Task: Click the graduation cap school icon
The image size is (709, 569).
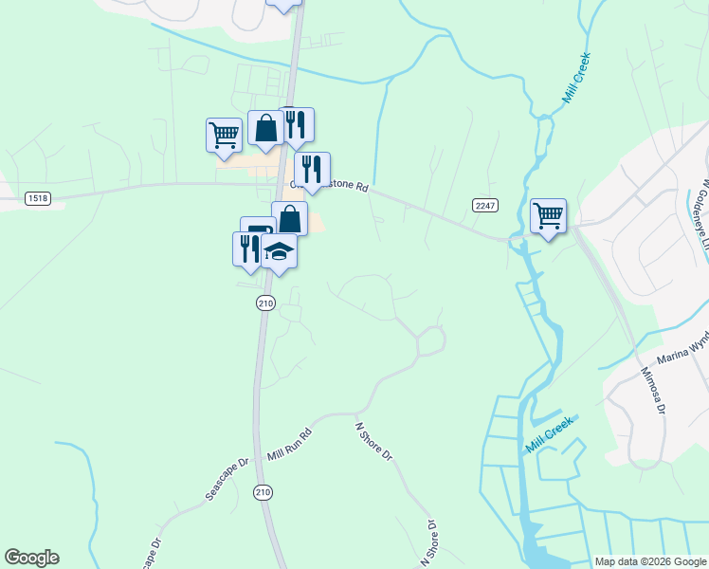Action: [279, 251]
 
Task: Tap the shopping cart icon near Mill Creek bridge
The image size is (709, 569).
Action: [548, 216]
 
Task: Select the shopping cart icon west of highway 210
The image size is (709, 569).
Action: [224, 134]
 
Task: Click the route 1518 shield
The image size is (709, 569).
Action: [38, 198]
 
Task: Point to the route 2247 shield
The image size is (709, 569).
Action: [485, 206]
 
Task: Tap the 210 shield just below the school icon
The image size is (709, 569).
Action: [265, 303]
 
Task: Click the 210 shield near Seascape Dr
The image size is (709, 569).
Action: [262, 491]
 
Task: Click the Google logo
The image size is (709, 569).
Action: [31, 558]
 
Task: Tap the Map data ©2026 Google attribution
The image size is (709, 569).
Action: [649, 561]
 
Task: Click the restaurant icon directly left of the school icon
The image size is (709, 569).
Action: [246, 248]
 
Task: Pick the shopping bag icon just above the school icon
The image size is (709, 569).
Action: [289, 218]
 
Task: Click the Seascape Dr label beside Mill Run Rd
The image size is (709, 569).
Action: [227, 480]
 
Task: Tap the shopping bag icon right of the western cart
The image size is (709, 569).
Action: [265, 127]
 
